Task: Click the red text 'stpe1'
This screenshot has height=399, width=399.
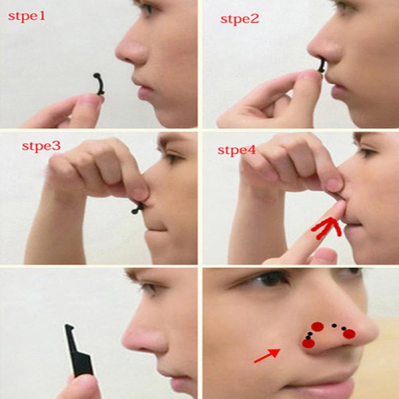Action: tap(27, 17)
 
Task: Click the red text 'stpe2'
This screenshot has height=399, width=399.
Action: tap(239, 18)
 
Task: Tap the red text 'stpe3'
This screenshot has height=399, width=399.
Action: tap(41, 146)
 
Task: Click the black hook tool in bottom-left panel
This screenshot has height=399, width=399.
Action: tap(79, 351)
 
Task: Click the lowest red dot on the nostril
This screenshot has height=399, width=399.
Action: tap(308, 343)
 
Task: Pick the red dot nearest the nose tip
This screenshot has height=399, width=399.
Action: tap(349, 334)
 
